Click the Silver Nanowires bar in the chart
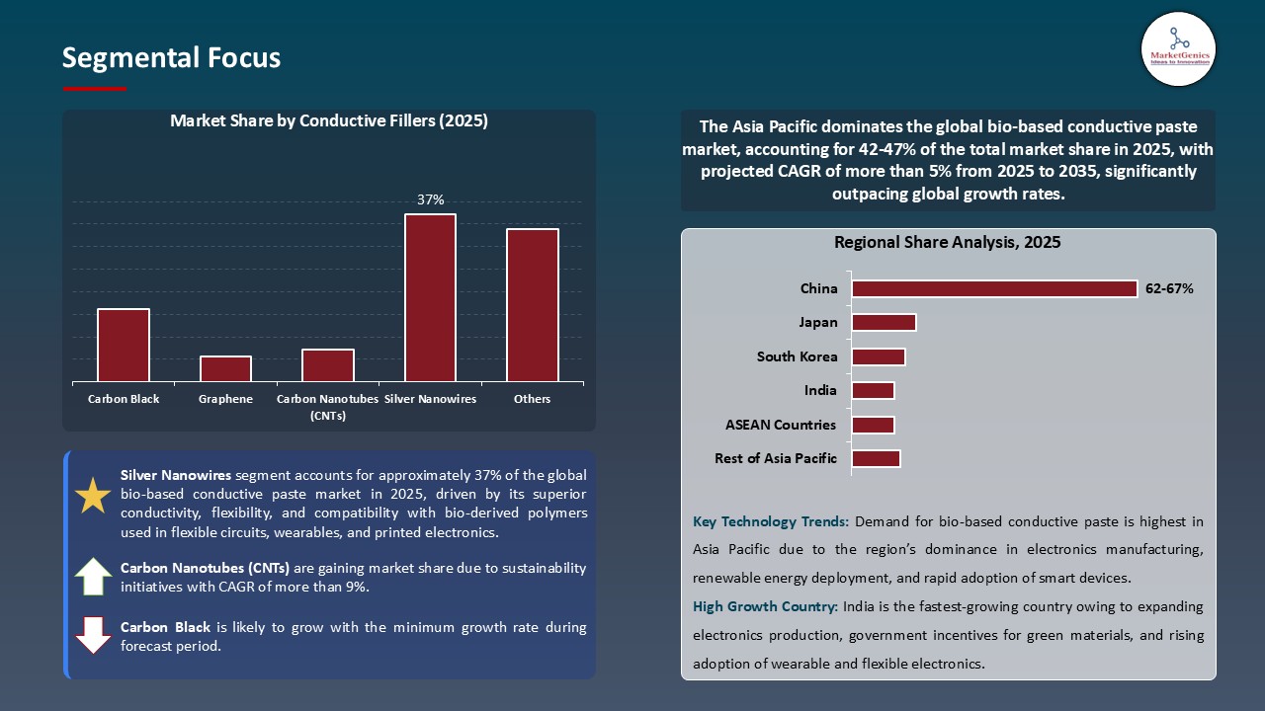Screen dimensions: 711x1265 430,297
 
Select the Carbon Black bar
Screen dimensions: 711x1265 124,345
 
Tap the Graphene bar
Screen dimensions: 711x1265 225,368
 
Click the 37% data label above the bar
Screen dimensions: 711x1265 430,199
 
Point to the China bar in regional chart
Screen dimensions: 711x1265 994,288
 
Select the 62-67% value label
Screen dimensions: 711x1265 1169,289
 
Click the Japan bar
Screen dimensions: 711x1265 884,323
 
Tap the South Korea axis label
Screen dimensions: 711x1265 797,356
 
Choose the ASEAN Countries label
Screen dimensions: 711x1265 781,425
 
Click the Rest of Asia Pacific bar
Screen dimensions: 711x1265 876,458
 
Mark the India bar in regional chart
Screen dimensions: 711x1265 873,390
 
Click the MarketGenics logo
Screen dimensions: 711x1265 1178,47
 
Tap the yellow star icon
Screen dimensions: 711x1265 93,496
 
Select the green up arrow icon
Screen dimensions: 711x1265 93,576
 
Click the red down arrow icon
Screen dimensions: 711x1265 93,635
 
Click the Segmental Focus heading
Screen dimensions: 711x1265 171,58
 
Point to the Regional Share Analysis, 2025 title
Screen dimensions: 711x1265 947,242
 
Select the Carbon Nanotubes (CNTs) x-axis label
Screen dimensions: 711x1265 327,407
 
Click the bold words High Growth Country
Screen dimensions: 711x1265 764,606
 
